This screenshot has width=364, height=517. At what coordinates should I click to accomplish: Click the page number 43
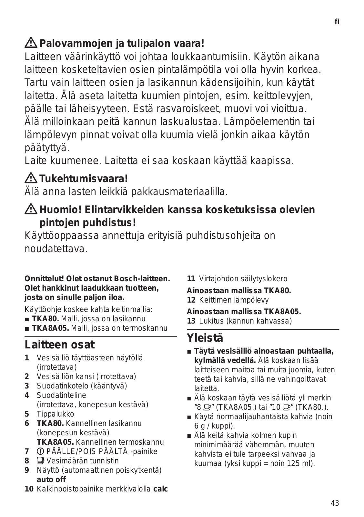[335, 503]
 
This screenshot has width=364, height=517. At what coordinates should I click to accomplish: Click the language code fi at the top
[337, 22]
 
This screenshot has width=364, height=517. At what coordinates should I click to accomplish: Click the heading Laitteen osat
[60, 345]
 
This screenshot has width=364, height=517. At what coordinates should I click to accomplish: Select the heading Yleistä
[205, 338]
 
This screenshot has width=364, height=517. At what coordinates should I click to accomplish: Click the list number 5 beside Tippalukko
[27, 414]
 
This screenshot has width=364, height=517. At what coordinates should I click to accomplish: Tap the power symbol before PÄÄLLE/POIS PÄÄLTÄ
[40, 451]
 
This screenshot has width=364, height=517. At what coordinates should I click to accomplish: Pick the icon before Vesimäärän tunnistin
[40, 461]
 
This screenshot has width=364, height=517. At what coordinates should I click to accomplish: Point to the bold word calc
[160, 489]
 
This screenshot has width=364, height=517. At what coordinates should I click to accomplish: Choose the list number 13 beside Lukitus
[191, 321]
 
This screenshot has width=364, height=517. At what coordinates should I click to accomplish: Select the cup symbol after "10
[286, 407]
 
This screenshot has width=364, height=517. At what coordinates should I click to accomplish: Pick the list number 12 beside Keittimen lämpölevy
[191, 300]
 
